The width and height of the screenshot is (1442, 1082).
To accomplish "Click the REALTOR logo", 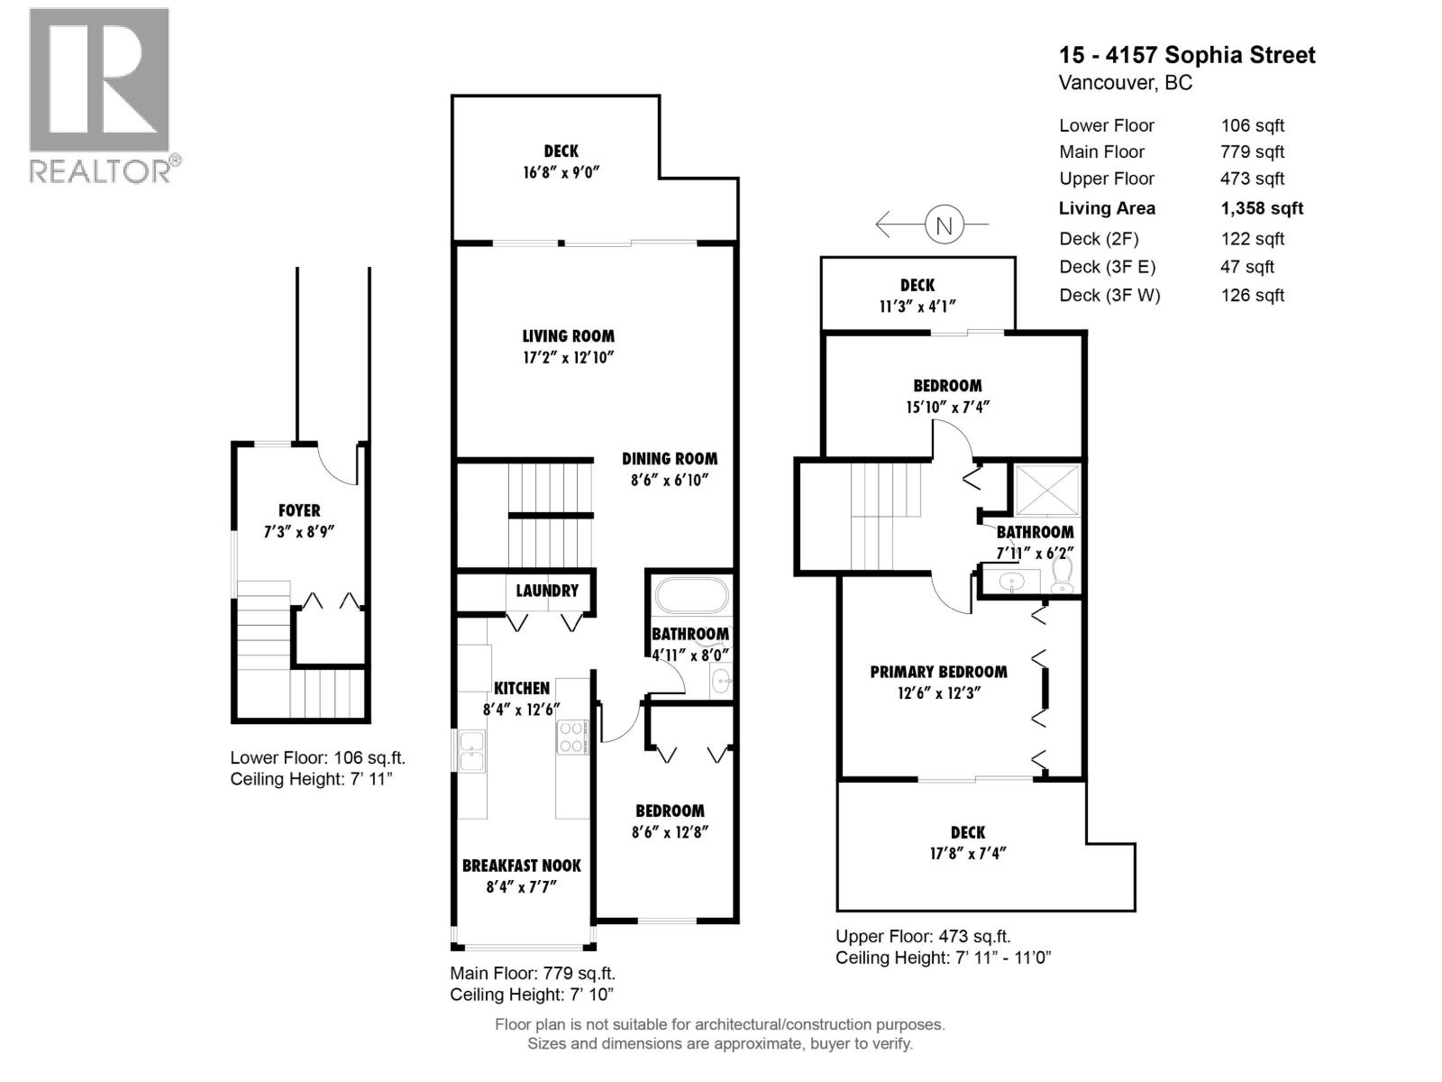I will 100,95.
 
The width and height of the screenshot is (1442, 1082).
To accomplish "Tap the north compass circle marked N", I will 944,225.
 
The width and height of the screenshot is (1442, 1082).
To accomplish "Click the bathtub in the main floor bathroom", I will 690,596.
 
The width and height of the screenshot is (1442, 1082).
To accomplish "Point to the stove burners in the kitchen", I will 572,737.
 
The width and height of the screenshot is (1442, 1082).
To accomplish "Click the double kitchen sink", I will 471,750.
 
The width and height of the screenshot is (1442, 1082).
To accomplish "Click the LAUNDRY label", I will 547,591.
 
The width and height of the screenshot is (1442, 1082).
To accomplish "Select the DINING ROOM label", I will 669,459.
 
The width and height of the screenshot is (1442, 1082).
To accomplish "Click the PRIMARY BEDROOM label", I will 938,672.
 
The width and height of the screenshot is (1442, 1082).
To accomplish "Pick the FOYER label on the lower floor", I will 298,510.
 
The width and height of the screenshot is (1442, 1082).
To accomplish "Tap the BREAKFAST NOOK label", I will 521,866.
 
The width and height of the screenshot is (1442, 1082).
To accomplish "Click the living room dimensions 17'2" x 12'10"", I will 568,357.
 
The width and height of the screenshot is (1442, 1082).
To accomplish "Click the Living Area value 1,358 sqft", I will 1262,208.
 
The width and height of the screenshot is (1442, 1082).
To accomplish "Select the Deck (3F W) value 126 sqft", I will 1252,295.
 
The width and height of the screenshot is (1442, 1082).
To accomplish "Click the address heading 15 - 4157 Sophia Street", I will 1187,55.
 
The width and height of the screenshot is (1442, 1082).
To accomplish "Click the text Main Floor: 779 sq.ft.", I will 533,973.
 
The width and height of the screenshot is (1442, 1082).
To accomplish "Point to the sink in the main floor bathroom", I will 721,682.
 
